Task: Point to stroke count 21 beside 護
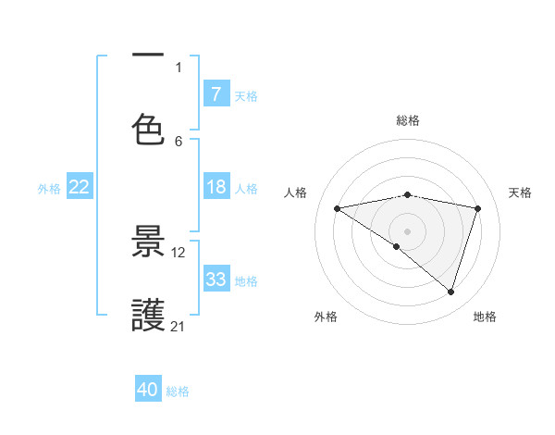pyautogui.click(x=179, y=326)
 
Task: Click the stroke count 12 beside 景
pyautogui.click(x=179, y=252)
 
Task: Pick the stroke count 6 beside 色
pyautogui.click(x=179, y=141)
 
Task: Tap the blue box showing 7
pyautogui.click(x=216, y=94)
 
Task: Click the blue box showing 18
pyautogui.click(x=216, y=187)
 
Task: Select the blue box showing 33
pyautogui.click(x=216, y=280)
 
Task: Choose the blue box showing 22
pyautogui.click(x=80, y=187)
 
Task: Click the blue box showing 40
pyautogui.click(x=148, y=391)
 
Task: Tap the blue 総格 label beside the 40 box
pyautogui.click(x=178, y=391)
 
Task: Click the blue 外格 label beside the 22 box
pyautogui.click(x=49, y=188)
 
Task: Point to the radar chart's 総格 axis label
pyautogui.click(x=408, y=120)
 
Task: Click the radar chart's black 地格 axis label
pyautogui.click(x=485, y=317)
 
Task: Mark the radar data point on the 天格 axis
pyautogui.click(x=478, y=208)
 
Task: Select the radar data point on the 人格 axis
pyautogui.click(x=338, y=208)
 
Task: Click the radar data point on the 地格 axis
pyautogui.click(x=451, y=292)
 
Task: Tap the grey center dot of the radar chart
pyautogui.click(x=408, y=230)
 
